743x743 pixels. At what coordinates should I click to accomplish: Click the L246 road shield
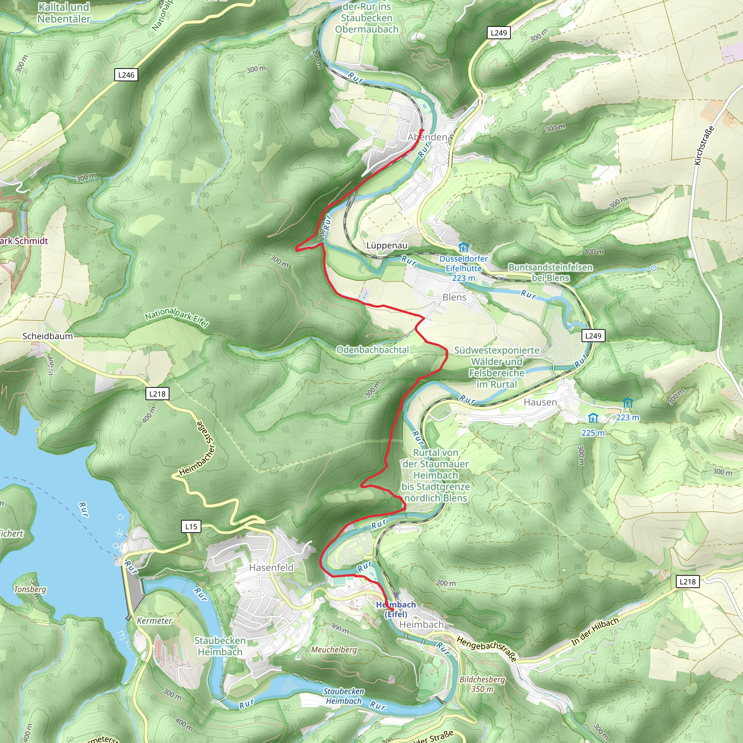[x=126, y=75]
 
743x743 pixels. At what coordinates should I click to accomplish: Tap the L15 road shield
[x=191, y=526]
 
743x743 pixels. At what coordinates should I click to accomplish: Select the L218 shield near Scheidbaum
[x=157, y=394]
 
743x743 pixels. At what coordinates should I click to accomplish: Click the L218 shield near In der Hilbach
[x=687, y=582]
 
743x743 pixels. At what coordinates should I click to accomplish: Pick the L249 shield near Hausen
[x=593, y=336]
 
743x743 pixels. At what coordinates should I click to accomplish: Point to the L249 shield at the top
[x=499, y=33]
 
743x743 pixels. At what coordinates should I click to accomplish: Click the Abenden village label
[x=427, y=137]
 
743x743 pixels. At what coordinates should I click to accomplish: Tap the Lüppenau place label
[x=386, y=245]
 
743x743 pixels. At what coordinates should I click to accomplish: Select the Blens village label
[x=454, y=297]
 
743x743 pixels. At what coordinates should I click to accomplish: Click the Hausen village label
[x=540, y=402]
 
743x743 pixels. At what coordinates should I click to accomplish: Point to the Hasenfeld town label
[x=271, y=568]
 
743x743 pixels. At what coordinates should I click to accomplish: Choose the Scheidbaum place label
[x=47, y=336]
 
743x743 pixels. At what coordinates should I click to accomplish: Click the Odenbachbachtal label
[x=373, y=350]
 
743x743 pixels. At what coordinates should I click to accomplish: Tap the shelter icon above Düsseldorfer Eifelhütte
[x=463, y=247]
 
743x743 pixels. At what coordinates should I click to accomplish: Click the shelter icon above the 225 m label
[x=593, y=418]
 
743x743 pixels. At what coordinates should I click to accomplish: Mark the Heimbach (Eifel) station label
[x=396, y=609]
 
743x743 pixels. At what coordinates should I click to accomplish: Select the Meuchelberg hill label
[x=334, y=649]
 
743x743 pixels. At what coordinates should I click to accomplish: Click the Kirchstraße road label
[x=704, y=146]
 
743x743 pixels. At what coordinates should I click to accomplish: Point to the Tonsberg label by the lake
[x=30, y=589]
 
